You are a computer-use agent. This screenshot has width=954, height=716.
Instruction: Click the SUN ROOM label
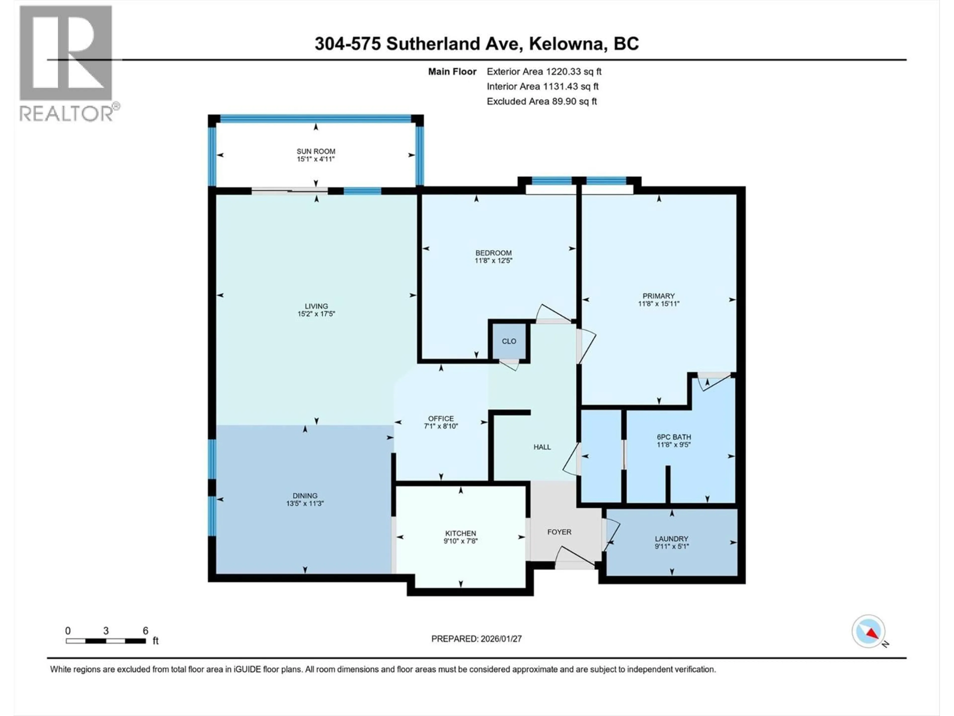point(316,151)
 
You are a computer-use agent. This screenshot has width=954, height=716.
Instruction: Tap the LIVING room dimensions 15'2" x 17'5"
point(316,314)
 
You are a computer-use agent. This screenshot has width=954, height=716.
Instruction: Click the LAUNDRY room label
point(672,539)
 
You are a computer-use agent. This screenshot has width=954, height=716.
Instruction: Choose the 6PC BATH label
point(674,437)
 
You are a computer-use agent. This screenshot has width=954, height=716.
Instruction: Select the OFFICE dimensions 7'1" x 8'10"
point(441,426)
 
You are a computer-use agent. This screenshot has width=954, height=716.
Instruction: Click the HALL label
point(542,447)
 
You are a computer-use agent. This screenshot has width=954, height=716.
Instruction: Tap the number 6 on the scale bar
point(145,630)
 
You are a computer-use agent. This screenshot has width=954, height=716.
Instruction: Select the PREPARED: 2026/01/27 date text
point(476,639)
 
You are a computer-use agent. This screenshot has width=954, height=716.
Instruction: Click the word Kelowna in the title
point(566,44)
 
